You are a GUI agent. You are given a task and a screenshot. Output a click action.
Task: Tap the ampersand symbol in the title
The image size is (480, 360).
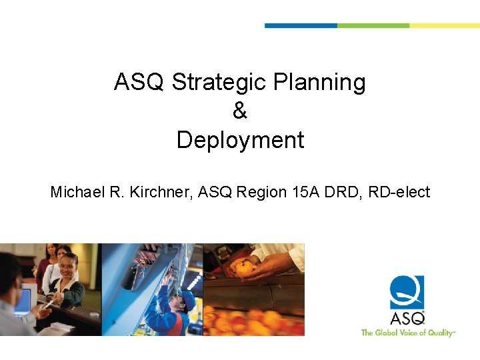240,111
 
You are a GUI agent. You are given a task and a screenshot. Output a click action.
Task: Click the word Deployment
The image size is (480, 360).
240,140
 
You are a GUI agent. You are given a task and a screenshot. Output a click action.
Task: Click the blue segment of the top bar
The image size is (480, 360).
301,25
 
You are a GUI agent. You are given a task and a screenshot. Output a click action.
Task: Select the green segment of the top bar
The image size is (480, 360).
373,25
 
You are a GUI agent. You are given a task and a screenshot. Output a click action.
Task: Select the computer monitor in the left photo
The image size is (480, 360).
23,301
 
